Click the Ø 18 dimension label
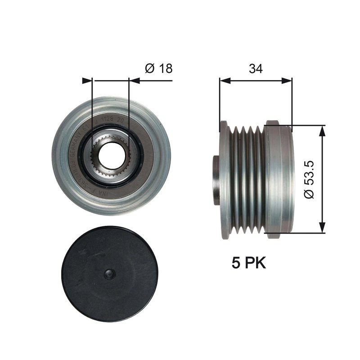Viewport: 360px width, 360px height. pos(159,68)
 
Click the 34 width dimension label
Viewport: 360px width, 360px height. pos(255,68)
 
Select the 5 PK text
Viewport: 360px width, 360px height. pos(249,263)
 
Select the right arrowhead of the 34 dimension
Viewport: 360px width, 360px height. pos(288,81)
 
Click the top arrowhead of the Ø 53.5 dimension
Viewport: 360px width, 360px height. pos(323,131)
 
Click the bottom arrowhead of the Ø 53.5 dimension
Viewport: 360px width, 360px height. pos(323,228)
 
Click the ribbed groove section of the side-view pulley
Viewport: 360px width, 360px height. pos(245,179)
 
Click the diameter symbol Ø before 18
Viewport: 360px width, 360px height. pos(150,68)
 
